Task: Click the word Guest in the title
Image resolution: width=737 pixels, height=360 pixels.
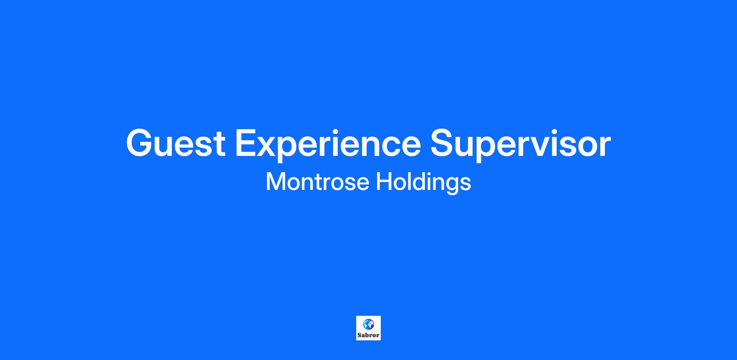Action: (176, 143)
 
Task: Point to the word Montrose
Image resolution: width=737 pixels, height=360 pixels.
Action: (317, 182)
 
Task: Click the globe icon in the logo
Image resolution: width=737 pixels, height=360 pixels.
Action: (368, 324)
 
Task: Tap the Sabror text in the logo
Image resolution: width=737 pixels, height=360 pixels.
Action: (368, 335)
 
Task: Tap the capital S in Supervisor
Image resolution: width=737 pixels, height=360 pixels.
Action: (443, 143)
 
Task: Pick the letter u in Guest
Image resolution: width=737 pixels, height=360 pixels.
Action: (167, 147)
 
